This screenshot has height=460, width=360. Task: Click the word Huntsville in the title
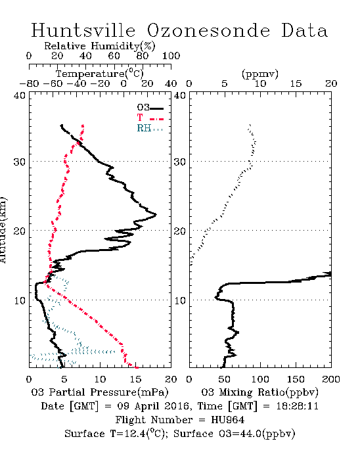coord(83,30)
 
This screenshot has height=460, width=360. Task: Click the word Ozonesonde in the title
coord(208,30)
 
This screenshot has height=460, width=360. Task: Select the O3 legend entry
coord(150,108)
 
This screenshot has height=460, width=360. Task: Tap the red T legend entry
coord(150,118)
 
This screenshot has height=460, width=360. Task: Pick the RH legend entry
coord(150,128)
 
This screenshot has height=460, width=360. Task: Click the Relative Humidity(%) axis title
coord(100,46)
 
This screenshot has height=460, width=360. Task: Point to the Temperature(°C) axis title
coord(100,74)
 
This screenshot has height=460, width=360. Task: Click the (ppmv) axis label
coord(260,74)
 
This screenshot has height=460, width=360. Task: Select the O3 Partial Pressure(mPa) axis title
coord(100,392)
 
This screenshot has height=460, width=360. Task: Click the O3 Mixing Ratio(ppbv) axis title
coord(259,392)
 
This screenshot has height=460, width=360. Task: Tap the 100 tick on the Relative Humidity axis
coord(171,56)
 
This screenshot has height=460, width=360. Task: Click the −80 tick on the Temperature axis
coord(29,83)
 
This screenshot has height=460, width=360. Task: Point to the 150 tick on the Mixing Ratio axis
coord(296,379)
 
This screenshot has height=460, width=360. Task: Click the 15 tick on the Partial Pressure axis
coord(135,379)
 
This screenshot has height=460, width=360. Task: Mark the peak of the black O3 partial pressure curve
coord(156,215)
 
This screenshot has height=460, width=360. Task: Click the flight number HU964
coord(227,420)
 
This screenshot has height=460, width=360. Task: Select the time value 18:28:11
coord(298,406)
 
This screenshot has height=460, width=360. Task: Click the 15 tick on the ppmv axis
coord(296,83)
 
